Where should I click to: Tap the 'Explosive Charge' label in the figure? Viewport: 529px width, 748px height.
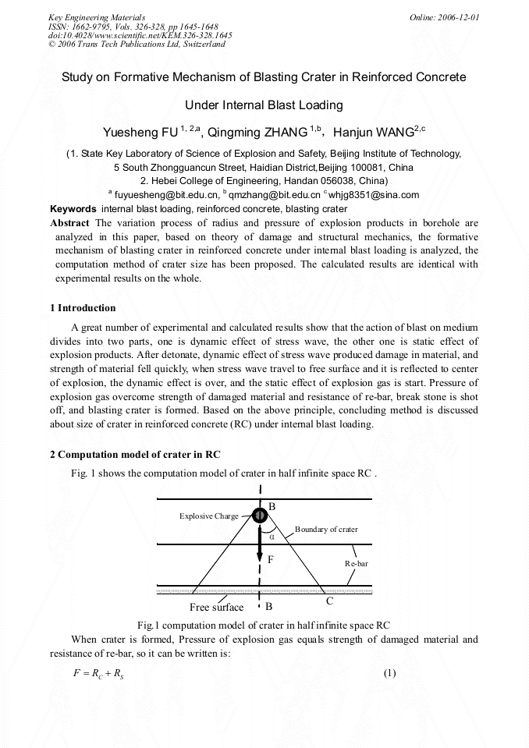click(209, 516)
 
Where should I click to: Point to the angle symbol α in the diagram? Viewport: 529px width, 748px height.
click(272, 536)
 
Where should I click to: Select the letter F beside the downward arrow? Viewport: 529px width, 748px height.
click(271, 559)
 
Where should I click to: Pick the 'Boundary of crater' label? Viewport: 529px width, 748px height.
click(326, 529)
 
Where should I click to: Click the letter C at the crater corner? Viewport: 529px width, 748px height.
click(329, 601)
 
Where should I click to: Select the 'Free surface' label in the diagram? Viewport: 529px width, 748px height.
click(217, 607)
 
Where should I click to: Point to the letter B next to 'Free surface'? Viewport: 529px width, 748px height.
click(268, 606)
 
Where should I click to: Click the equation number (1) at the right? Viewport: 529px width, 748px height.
click(391, 674)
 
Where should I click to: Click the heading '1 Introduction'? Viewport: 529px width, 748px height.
click(83, 307)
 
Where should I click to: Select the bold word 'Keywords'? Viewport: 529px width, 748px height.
click(73, 209)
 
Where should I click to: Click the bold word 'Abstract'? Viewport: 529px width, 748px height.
click(69, 223)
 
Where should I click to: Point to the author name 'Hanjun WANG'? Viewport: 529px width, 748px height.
click(378, 133)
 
